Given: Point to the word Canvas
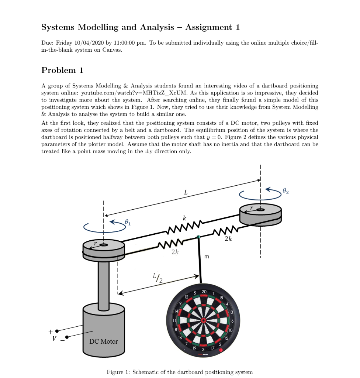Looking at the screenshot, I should click(x=112, y=50).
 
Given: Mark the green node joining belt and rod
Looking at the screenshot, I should click(x=198, y=237).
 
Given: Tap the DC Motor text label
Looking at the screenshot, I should click(x=104, y=341).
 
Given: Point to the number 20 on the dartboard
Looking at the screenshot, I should click(x=204, y=292).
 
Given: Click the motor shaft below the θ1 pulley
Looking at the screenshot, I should click(x=104, y=282).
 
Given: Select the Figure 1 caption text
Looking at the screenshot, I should click(x=180, y=372).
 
